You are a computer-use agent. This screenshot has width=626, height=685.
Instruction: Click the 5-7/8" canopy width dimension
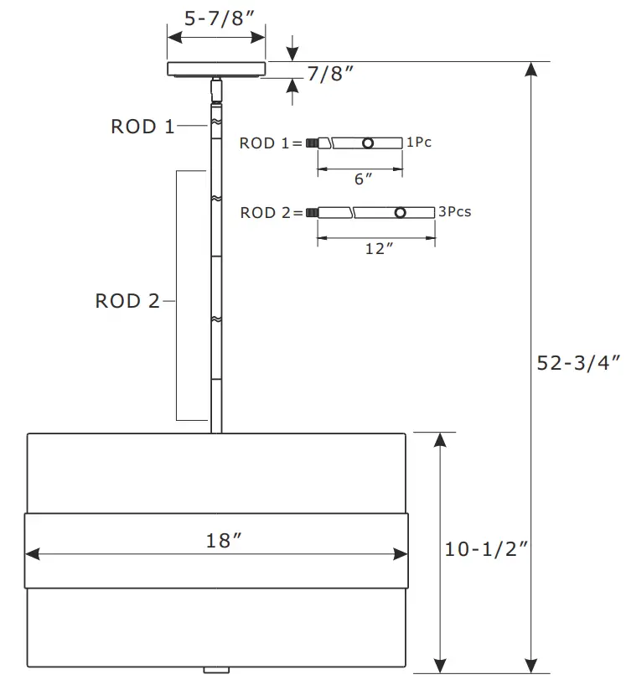(x=216, y=18)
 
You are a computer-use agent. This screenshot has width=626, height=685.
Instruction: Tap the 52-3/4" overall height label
(x=578, y=363)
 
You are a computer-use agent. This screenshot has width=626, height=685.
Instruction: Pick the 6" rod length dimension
(x=362, y=179)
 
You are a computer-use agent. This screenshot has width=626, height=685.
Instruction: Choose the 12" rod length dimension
(x=379, y=248)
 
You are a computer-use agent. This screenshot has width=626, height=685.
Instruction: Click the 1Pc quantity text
(x=418, y=143)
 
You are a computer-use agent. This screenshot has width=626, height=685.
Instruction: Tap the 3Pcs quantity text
(x=454, y=211)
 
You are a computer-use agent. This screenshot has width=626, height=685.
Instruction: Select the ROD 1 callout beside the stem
(x=142, y=127)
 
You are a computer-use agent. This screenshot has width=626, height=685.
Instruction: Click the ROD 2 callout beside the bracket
(x=127, y=301)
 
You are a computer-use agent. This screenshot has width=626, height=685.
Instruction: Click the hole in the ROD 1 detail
(x=368, y=143)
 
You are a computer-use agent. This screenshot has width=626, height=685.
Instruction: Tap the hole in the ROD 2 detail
(x=401, y=213)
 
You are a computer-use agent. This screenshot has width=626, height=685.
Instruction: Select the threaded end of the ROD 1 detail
(x=313, y=143)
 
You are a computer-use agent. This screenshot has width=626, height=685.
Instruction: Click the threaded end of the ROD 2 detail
(x=313, y=213)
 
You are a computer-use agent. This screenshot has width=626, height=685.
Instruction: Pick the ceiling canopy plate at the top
(x=216, y=69)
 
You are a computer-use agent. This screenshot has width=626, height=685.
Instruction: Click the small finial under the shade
(x=216, y=670)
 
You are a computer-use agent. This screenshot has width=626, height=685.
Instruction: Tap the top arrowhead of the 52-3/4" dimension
(x=530, y=70)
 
